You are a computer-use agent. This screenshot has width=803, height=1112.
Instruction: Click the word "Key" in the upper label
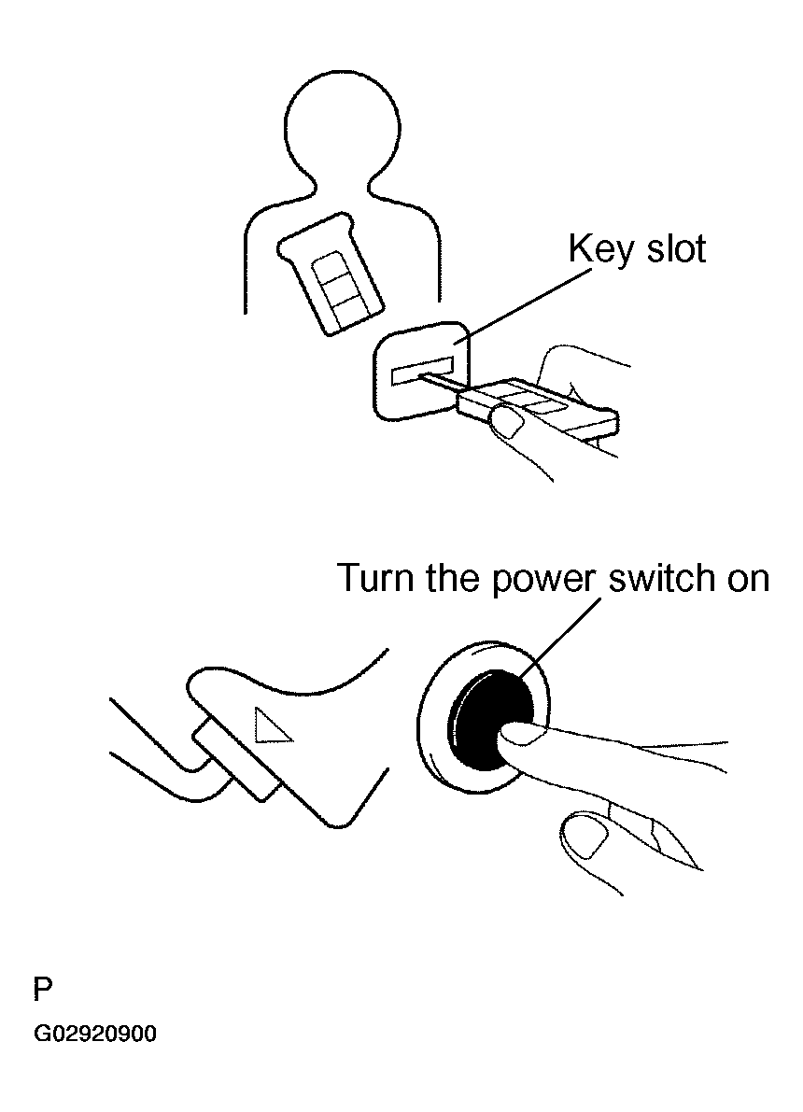coord(595,249)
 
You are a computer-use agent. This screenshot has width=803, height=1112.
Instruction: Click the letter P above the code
coord(43,988)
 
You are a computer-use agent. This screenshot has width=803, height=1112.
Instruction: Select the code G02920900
coord(95,1034)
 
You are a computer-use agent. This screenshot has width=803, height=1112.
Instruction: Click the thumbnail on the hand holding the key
coord(509,422)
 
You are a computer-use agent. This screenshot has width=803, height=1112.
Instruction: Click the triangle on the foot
coord(274,725)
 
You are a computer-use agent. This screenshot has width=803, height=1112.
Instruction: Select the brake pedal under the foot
coord(234,758)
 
